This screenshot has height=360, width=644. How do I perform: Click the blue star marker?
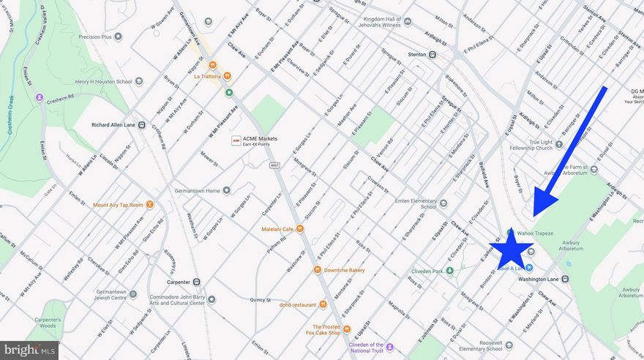point(512,249)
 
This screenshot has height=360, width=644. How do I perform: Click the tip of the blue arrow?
point(535,214)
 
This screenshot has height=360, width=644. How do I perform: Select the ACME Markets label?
point(265,140)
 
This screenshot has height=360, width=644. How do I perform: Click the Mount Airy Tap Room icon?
point(149,205)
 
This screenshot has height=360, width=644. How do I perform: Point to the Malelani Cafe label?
point(277,229)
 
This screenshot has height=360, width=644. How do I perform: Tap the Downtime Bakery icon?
point(318,270)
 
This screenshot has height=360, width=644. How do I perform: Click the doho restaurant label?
point(298,304)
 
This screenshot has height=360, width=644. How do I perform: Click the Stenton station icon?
point(433,54)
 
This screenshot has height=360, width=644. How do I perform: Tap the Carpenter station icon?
point(197,282)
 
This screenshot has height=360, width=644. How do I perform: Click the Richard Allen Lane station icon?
point(141,125)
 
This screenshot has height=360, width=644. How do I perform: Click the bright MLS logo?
point(29,350)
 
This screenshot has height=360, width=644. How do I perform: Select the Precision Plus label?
point(95,37)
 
